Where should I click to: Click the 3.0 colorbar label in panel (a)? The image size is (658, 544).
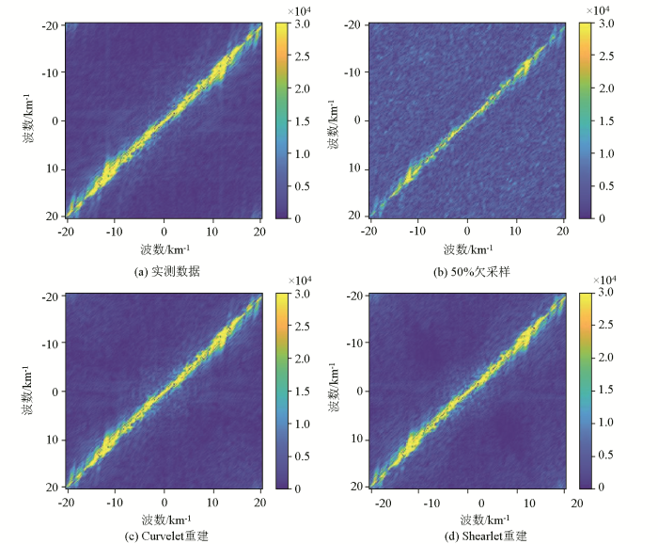302,24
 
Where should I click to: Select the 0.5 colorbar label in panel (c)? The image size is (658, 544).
302,456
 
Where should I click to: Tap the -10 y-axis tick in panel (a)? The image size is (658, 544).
53,72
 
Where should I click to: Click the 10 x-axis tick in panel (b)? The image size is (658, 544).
515,231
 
